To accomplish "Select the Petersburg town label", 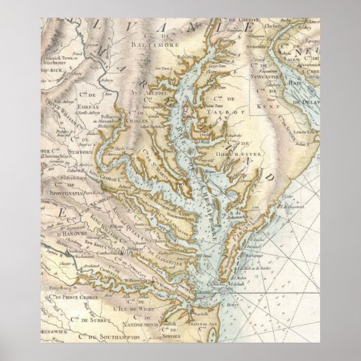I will [49, 298].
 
